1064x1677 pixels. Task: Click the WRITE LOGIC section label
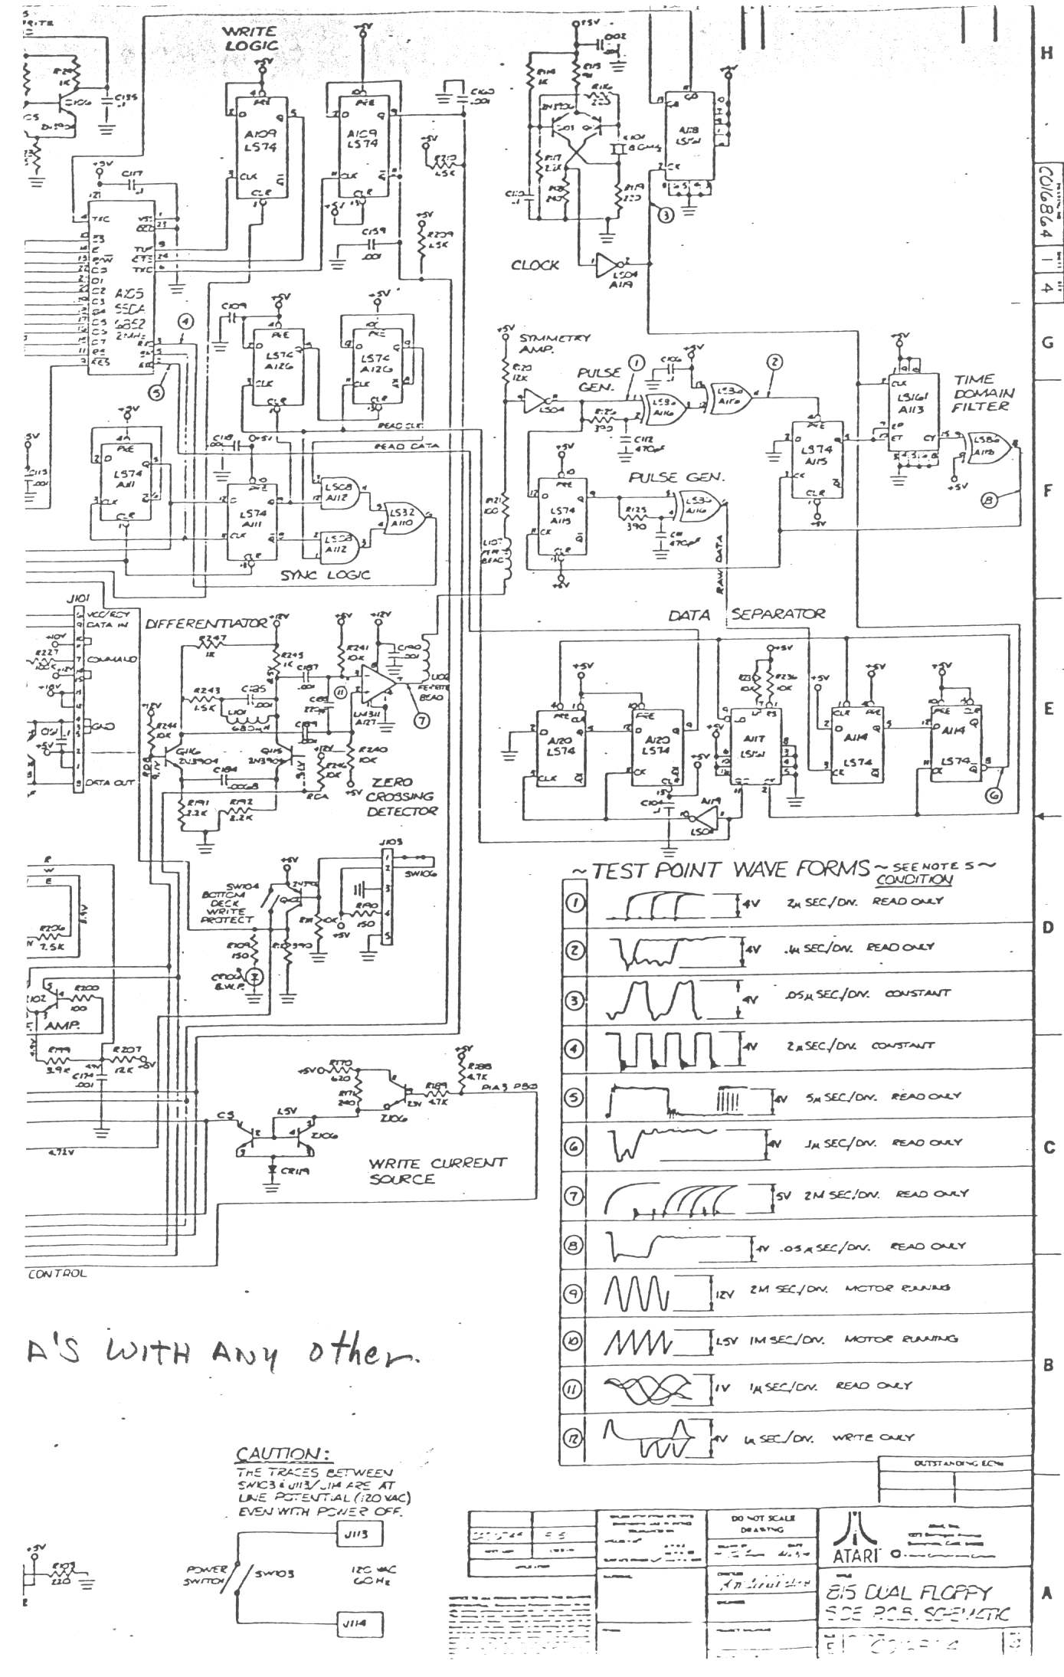tap(249, 39)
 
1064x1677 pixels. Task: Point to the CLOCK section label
tap(535, 265)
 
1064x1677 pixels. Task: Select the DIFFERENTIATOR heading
tap(207, 623)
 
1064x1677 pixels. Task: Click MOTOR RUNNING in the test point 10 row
tap(899, 1338)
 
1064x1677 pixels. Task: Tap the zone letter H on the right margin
tap(1047, 54)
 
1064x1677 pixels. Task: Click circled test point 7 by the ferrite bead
tap(419, 719)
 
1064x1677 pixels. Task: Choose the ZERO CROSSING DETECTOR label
tap(401, 797)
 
